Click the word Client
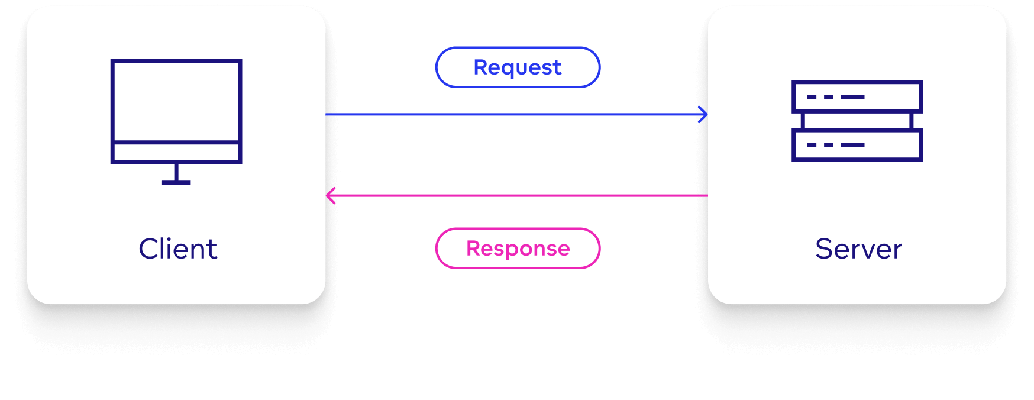[x=177, y=249]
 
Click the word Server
[x=858, y=249]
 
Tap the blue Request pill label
[x=518, y=67]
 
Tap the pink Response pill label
[x=518, y=249]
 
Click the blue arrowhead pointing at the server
[x=703, y=114]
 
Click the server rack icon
[x=857, y=121]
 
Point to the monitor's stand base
[x=176, y=182]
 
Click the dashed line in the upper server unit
[x=835, y=96]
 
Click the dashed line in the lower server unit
[x=835, y=145]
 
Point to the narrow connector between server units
[x=857, y=121]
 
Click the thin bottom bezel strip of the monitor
[x=176, y=152]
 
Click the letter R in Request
[x=480, y=67]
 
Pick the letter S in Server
[x=824, y=249]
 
